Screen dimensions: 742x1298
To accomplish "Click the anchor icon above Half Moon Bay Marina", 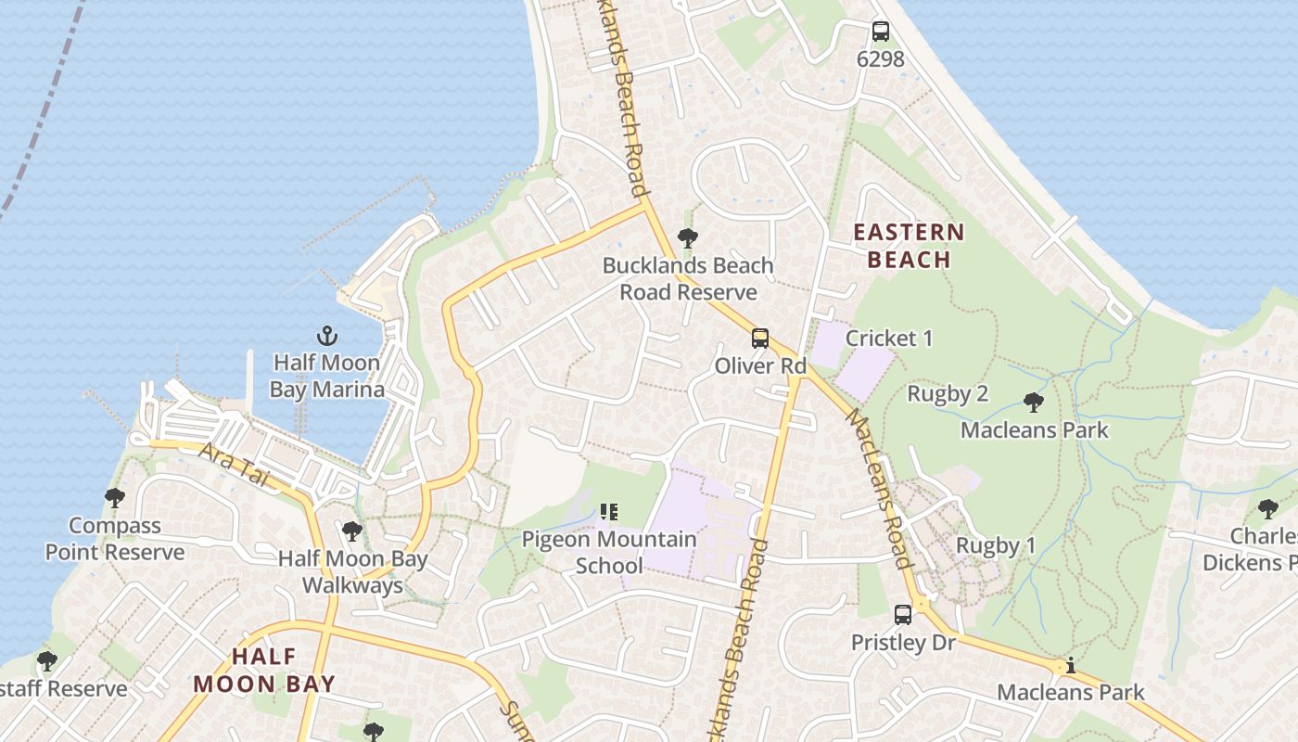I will click(327, 336).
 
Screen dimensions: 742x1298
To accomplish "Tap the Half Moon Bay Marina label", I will click(327, 376).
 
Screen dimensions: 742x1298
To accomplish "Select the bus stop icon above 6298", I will click(881, 32).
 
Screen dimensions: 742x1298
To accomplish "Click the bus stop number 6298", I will click(881, 59).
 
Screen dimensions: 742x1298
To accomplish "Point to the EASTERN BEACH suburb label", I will click(909, 246).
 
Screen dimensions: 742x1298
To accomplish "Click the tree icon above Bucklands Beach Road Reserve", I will click(687, 238).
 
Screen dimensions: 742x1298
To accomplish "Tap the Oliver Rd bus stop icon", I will click(760, 339).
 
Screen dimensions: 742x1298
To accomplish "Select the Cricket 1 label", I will click(889, 339).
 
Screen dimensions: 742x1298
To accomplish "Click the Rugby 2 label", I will click(947, 394).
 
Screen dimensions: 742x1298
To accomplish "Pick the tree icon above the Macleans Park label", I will click(1034, 403).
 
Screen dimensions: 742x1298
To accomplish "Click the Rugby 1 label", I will click(996, 545).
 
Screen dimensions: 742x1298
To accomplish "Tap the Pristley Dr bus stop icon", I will click(903, 614).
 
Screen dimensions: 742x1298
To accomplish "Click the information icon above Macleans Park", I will click(1071, 665).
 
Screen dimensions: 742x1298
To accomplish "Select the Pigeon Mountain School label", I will click(609, 552).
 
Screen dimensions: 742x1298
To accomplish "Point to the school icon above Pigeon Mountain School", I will click(609, 511).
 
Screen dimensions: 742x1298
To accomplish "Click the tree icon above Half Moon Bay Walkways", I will click(352, 531).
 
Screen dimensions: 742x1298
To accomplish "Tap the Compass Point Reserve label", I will click(115, 539).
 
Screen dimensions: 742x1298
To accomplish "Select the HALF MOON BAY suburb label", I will click(264, 671).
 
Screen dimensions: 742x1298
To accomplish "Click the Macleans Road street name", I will click(879, 492).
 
